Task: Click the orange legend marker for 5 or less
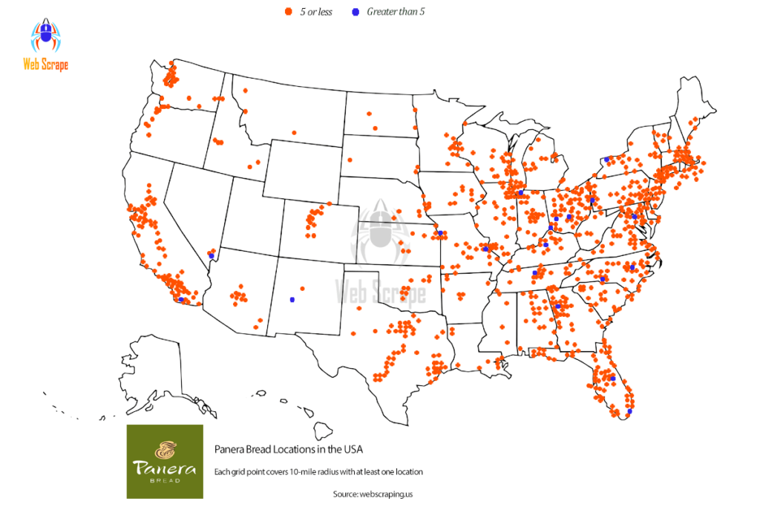[286, 13]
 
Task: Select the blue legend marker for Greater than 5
[355, 13]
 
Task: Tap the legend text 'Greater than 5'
[395, 12]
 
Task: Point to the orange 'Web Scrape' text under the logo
[45, 65]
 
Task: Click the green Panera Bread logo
[164, 461]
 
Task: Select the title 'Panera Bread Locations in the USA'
[289, 449]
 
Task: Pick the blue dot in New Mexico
[292, 300]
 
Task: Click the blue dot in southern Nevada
[211, 255]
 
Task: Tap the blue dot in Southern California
[181, 299]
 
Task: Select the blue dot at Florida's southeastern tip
[629, 411]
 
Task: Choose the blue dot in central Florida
[613, 379]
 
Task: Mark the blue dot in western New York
[606, 159]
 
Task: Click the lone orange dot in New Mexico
[302, 287]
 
